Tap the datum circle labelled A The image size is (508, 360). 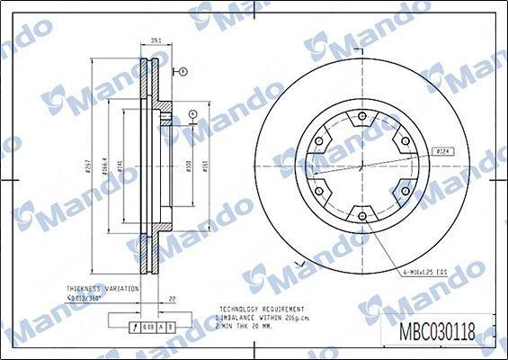pos(193,114)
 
